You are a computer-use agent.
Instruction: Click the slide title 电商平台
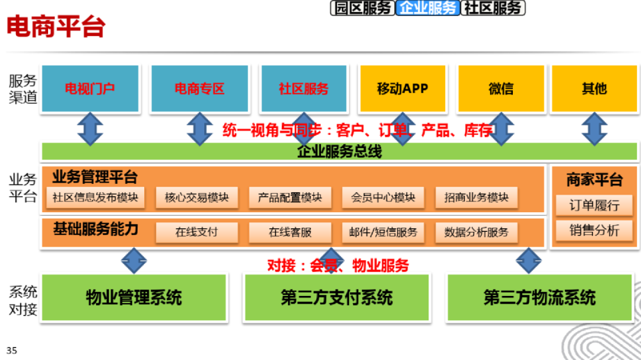[x=56, y=27]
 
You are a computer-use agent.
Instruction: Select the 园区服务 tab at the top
[x=362, y=8]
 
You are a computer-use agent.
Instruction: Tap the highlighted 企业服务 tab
[x=428, y=8]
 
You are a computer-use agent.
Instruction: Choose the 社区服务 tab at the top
[x=493, y=8]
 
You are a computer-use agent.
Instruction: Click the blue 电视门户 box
[x=90, y=88]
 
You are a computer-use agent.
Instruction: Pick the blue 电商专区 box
[x=199, y=88]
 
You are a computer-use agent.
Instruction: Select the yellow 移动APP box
[x=402, y=88]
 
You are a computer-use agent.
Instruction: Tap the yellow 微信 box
[x=501, y=88]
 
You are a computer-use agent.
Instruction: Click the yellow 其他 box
[x=594, y=88]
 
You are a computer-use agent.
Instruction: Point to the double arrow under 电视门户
[x=90, y=129]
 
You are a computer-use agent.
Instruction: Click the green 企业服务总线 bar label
[x=339, y=151]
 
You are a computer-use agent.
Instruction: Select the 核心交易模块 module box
[x=196, y=197]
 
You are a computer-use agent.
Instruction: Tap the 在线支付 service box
[x=196, y=232]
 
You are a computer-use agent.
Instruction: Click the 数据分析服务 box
[x=477, y=232]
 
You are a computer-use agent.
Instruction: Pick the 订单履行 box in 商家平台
[x=594, y=205]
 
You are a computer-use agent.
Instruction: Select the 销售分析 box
[x=594, y=230]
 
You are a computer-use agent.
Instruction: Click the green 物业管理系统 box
[x=134, y=297]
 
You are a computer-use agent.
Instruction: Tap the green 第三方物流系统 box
[x=540, y=297]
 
